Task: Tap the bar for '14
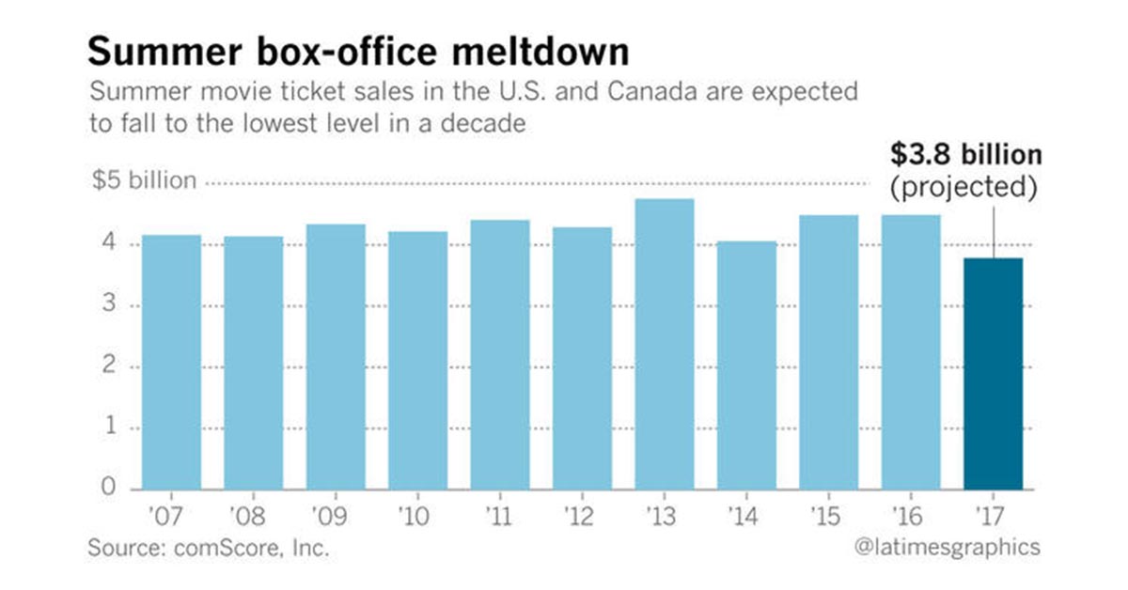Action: tap(746, 365)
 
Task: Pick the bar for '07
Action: tap(171, 362)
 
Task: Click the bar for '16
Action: tap(911, 352)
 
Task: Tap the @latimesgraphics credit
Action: tap(950, 548)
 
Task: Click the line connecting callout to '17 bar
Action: tap(994, 230)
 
